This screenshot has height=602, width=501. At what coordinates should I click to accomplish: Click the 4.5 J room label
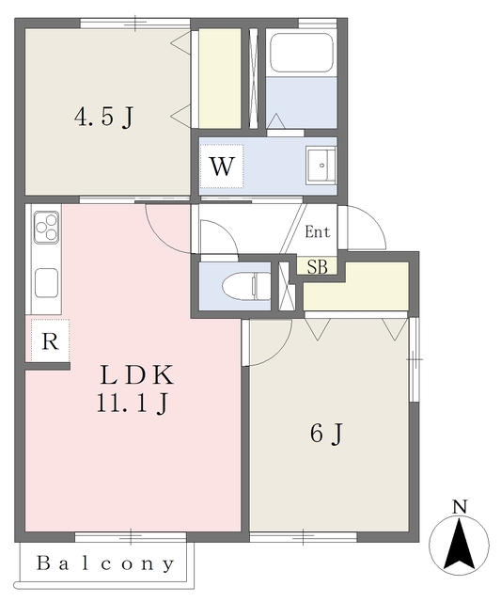103,119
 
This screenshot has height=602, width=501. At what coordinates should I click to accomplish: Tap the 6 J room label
324,434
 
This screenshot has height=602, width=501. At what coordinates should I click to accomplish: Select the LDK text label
136,376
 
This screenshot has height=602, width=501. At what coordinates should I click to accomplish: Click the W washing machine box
221,167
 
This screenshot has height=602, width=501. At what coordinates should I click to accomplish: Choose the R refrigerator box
51,341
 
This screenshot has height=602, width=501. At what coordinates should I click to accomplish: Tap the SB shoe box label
317,267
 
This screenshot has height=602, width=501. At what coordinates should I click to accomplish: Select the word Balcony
105,564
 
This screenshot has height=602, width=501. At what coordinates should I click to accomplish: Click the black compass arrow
460,544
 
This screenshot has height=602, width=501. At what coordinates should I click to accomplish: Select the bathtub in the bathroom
302,55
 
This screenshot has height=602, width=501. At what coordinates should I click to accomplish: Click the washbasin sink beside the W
321,166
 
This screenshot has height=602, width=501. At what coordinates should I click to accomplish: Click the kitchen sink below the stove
46,280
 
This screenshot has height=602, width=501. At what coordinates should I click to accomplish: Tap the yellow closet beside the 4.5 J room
220,77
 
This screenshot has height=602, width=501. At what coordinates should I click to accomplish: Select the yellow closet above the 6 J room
355,287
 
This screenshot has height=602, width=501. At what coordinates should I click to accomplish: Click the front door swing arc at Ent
365,230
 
